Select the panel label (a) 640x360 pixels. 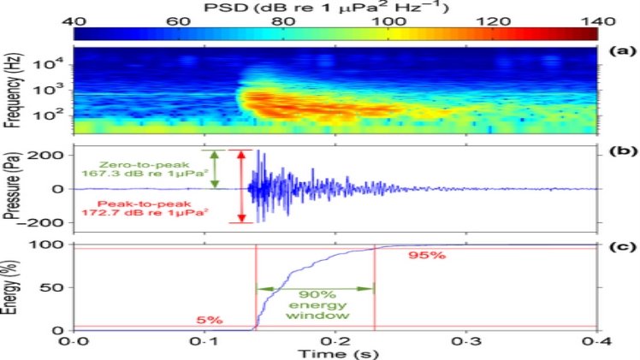tap(622, 50)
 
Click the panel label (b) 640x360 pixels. tap(622, 152)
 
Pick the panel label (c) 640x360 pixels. tap(622, 248)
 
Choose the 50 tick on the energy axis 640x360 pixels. tap(58, 286)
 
